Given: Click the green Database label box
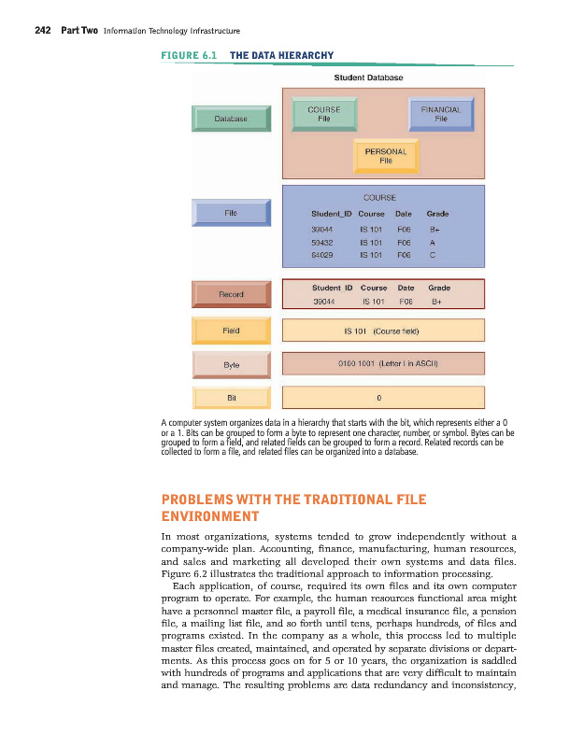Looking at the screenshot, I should (x=230, y=119).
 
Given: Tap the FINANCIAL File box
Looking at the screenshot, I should (x=441, y=114).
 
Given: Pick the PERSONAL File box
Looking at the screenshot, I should (x=385, y=155).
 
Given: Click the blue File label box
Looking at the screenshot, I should (x=230, y=213).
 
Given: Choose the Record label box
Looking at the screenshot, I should (x=230, y=294).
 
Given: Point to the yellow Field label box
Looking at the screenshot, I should (x=230, y=331).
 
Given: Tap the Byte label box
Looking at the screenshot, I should (x=230, y=364).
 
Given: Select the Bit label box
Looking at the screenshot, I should (x=230, y=397).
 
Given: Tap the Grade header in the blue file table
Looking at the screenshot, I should (x=437, y=213).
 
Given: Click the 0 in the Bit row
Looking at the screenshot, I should (x=378, y=397).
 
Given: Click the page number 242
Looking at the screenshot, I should (x=42, y=31).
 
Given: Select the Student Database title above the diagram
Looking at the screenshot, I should (x=368, y=78).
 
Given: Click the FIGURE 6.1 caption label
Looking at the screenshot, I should (x=189, y=55).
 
